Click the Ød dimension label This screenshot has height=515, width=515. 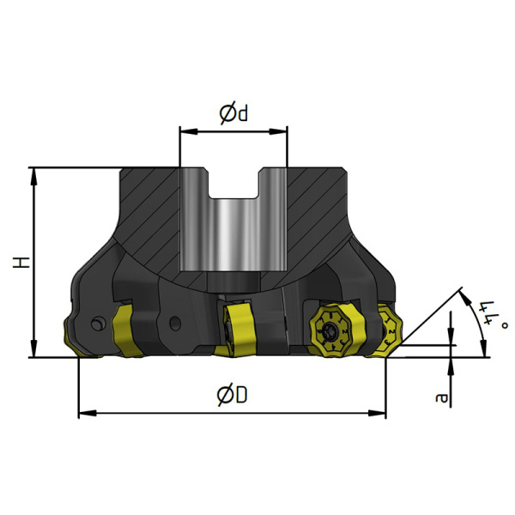pos(233,114)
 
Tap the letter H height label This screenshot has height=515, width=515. pos(21,263)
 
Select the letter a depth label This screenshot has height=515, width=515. pos(441,397)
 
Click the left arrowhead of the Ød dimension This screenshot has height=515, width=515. pos(189,131)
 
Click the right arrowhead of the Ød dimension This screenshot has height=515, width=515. pos(278,131)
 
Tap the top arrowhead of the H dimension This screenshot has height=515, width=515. pos(33,178)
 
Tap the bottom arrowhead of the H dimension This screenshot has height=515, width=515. pos(33,348)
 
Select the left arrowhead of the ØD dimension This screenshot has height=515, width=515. pos(88,413)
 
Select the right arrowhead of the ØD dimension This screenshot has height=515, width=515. pos(377,413)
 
